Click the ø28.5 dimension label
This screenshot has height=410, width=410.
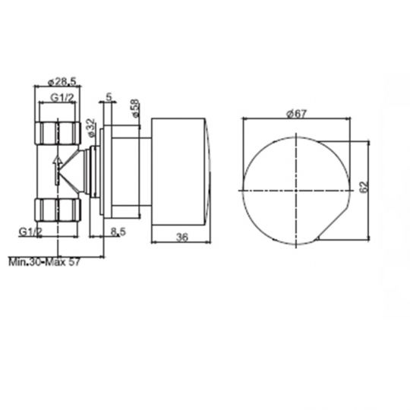click(x=62, y=82)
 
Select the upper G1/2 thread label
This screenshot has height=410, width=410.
click(x=62, y=97)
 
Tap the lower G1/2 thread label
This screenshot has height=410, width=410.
click(x=30, y=232)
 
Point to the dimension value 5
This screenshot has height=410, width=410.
click(x=109, y=96)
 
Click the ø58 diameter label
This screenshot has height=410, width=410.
click(x=134, y=108)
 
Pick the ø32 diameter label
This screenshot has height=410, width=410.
click(x=91, y=128)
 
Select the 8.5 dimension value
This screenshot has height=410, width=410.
click(x=118, y=232)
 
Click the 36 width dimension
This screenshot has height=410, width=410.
click(x=182, y=237)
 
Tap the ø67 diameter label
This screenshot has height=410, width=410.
click(x=296, y=113)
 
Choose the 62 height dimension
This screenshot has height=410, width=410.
click(x=364, y=187)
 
